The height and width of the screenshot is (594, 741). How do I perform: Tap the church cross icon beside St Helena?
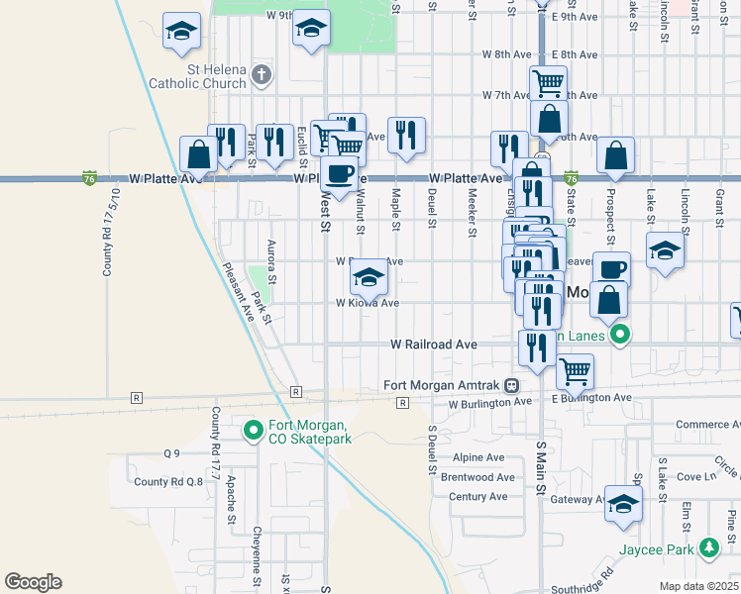[262, 73]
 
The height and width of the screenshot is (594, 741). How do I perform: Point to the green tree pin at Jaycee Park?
[708, 547]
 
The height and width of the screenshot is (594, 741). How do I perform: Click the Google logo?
[33, 582]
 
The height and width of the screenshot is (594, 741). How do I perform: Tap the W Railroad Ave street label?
[434, 345]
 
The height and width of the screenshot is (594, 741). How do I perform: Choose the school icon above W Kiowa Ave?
[369, 277]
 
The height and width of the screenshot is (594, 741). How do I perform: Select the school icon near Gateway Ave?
[623, 503]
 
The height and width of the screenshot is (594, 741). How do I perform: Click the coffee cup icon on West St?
[340, 173]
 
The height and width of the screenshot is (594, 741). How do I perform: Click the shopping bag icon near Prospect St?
[615, 154]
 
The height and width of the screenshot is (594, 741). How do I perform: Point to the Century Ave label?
[477, 496]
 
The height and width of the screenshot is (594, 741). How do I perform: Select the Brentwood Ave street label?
[477, 477]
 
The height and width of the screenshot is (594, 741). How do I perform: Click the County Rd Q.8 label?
[168, 482]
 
